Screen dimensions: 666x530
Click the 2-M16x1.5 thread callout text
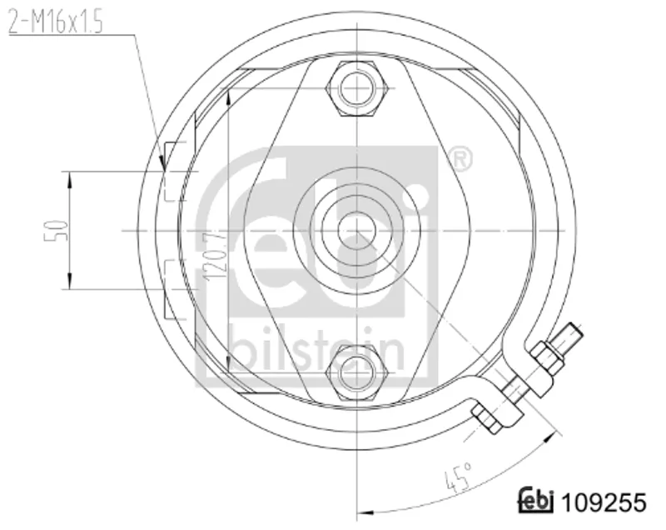click(x=56, y=22)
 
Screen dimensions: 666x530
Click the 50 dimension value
click(x=56, y=230)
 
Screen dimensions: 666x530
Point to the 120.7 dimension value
click(x=216, y=255)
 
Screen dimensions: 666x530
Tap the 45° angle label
click(x=458, y=477)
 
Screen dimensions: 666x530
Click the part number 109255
click(x=604, y=502)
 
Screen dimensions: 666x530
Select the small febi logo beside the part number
click(x=536, y=500)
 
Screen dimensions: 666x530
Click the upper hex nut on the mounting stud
click(x=357, y=88)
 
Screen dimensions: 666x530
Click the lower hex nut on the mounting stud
click(x=357, y=372)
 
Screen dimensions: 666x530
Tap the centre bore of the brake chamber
click(x=357, y=230)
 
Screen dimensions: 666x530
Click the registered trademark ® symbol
click(x=460, y=160)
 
